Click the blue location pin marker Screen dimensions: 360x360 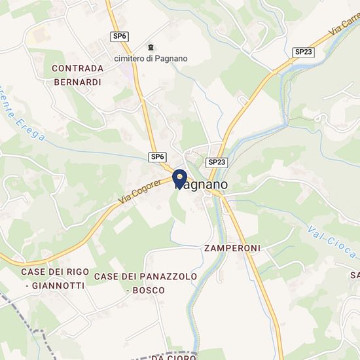pos(179,178)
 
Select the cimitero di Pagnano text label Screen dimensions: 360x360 pos(151,58)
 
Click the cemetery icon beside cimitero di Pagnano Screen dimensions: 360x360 pos(153,47)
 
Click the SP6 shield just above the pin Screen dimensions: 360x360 pos(157,157)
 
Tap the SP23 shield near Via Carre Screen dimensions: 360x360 pos(302,52)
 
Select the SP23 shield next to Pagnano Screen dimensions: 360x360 pos(217,162)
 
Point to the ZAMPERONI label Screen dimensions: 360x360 pos(232,248)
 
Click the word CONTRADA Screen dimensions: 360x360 pos(77,68)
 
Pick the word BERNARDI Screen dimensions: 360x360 pos(77,82)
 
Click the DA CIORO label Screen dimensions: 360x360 pos(173,357)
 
